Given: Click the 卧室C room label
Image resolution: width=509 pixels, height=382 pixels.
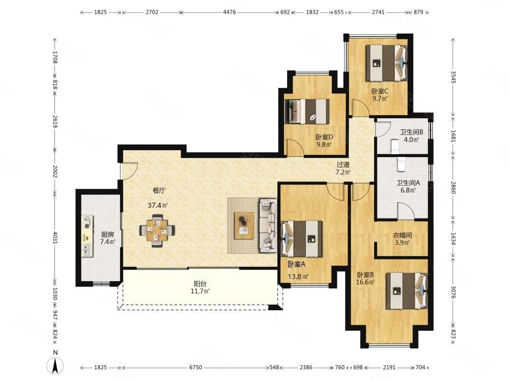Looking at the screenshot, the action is click(380, 91).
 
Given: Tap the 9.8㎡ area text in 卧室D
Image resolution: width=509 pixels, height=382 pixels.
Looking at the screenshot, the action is click(324, 144).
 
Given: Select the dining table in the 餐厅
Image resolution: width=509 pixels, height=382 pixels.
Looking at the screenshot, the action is click(157, 231).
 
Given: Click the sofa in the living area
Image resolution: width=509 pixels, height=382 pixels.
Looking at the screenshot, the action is click(268, 226).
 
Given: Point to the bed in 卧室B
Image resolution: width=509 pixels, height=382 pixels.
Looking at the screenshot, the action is click(407, 291).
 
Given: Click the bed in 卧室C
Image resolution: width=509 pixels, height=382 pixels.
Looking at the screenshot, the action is click(386, 63).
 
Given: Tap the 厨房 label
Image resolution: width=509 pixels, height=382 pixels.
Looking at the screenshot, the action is click(107, 234).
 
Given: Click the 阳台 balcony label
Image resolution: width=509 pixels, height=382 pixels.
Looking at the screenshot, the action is click(200, 284).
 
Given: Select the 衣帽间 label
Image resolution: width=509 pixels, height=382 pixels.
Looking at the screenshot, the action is click(403, 235).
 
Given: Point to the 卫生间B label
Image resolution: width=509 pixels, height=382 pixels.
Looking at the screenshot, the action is click(411, 132).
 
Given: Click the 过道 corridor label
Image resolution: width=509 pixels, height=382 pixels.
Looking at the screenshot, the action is click(343, 165).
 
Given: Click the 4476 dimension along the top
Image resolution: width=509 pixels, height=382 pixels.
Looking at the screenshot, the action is click(229, 12).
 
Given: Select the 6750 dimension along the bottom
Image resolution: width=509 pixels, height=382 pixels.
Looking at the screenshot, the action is click(195, 367).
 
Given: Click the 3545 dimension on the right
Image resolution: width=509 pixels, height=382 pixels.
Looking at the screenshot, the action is click(454, 77).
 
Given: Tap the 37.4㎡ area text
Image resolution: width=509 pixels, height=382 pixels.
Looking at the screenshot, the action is click(157, 205).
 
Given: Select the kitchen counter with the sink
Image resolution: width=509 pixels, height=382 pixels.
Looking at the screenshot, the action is click(87, 236).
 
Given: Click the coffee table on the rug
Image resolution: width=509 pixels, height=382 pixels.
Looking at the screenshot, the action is click(244, 226).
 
